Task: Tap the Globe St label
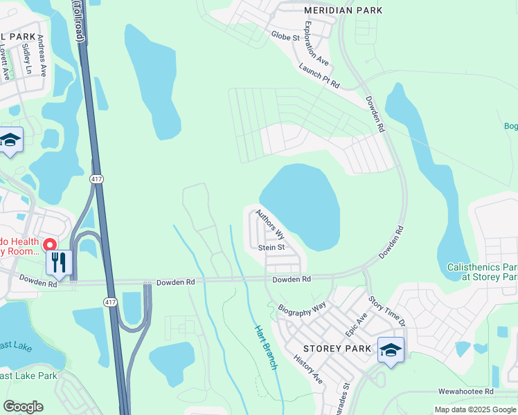[285, 35]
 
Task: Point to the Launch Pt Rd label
[319, 76]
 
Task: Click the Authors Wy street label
[270, 224]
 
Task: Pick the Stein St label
[271, 247]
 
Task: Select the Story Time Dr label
[385, 310]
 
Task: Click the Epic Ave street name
[357, 320]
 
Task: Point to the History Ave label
[308, 370]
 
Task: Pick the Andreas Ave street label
[42, 55]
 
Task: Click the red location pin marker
[49, 245]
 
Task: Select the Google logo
[23, 407]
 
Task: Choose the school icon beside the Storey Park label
[391, 350]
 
